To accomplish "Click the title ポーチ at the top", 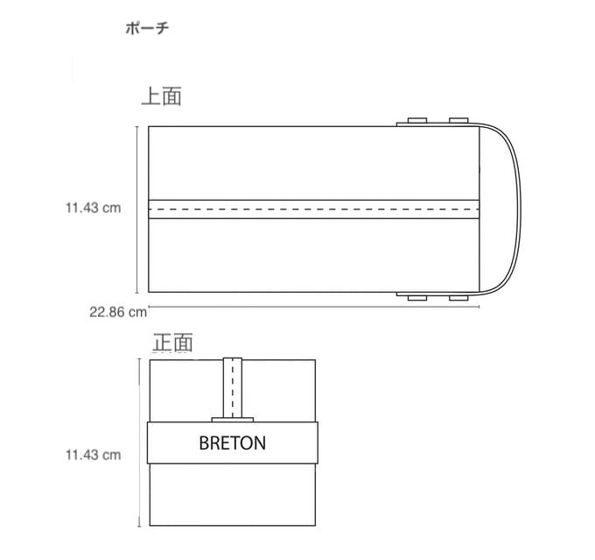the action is coord(147,28).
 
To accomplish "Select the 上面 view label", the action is coord(162,96).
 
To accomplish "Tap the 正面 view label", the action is coord(172,342).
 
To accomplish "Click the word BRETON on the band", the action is coord(232,443).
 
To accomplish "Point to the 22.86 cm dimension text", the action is coord(118,312).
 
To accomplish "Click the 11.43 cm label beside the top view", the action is coord(94,208).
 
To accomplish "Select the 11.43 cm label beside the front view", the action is coord(94,455).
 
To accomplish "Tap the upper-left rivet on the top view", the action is coord(417,121).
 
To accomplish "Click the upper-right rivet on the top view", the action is coord(458,121).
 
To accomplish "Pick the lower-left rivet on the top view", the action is coord(417,298).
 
